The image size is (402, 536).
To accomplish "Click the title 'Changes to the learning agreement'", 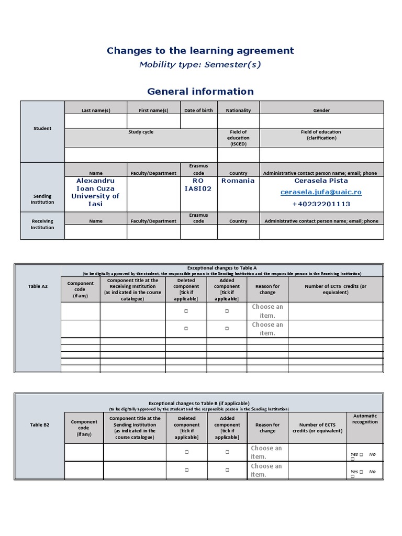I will [200, 51].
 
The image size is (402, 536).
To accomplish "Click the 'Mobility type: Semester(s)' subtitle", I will [200, 65].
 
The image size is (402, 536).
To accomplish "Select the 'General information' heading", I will [200, 92].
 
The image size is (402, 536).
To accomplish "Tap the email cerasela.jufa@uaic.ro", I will [321, 192].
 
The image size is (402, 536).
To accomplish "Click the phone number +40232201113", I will [321, 204].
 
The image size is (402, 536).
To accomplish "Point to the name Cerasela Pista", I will [321, 181].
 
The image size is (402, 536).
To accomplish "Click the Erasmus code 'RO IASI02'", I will [198, 185].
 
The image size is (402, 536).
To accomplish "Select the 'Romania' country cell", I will [238, 181].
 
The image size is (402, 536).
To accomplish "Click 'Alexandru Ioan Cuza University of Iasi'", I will [95, 192].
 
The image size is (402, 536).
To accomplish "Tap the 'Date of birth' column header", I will [198, 110].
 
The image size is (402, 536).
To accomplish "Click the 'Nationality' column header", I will [238, 110].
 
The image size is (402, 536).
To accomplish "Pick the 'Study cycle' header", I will [141, 132].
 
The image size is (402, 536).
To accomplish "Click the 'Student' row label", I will [42, 128].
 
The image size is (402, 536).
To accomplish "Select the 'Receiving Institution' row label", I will [42, 225].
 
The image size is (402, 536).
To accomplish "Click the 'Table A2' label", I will [38, 286].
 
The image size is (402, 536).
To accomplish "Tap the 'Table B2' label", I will [40, 425].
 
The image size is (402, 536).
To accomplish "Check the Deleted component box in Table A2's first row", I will [186, 311].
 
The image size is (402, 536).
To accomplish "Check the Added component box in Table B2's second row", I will [227, 471].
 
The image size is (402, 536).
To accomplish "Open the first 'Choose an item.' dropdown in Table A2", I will [267, 311].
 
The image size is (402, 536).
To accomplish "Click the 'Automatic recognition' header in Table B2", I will [365, 419].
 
